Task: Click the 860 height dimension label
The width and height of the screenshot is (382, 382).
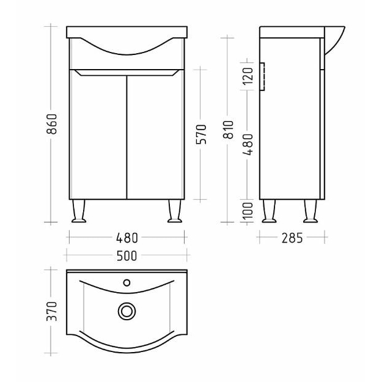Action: (52, 124)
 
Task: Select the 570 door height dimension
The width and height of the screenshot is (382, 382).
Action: (201, 134)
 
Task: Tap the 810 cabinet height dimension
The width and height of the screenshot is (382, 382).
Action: (229, 130)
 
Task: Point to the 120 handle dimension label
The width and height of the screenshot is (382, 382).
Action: (248, 76)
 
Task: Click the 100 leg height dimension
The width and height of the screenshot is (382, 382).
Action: (248, 211)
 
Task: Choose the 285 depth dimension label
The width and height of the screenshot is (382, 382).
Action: (292, 238)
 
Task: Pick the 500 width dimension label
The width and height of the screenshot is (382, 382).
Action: (127, 256)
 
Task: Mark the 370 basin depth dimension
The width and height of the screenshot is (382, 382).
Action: (52, 311)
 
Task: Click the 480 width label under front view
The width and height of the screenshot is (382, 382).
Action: (127, 238)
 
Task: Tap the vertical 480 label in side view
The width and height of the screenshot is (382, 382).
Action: (248, 144)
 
